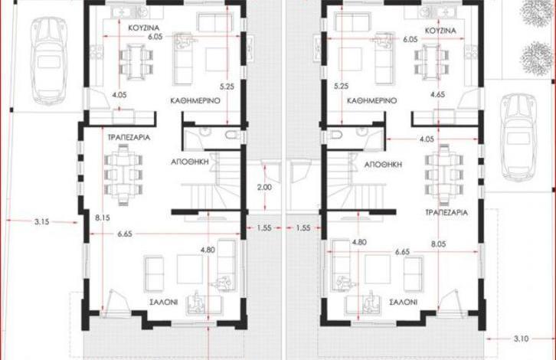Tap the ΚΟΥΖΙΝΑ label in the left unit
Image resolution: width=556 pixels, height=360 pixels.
coord(144,28)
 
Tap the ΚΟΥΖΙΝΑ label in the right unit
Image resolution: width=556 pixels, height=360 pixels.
coord(440,31)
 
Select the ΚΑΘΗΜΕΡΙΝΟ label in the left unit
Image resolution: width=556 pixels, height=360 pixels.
coord(195,101)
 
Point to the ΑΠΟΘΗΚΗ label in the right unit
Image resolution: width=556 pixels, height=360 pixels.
coord(383,165)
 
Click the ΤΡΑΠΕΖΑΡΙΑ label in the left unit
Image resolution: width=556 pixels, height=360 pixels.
coord(129,137)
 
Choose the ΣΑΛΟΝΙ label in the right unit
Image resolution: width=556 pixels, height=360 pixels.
coord(403,303)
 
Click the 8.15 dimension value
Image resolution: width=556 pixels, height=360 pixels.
coord(103,218)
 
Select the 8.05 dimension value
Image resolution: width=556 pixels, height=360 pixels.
coord(438,244)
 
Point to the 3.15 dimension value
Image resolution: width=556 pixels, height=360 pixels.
coord(42,222)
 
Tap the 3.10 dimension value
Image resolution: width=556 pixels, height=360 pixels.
coord(521,339)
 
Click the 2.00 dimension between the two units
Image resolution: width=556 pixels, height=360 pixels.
coord(264,187)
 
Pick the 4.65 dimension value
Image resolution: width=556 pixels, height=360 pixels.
coord(437,95)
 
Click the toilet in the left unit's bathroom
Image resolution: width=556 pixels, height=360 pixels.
coord(232,135)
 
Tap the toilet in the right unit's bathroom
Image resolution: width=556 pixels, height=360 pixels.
coord(335,135)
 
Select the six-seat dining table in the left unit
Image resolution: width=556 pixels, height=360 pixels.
coord(123,175)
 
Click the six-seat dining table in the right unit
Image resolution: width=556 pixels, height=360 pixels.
coord(444,175)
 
